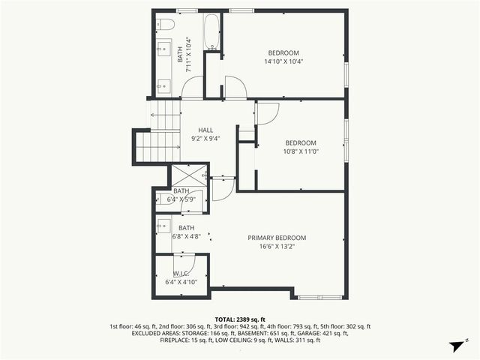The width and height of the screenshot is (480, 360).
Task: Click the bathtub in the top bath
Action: (212, 31)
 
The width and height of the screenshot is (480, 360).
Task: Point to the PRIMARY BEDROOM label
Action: (277, 238)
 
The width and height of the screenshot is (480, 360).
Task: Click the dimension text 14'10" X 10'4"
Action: (283, 62)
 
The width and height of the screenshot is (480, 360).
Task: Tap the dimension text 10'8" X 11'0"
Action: (300, 152)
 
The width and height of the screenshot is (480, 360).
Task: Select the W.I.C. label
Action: (180, 274)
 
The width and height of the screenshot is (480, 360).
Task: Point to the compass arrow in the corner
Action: (455, 346)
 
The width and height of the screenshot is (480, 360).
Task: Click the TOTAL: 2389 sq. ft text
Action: (240, 319)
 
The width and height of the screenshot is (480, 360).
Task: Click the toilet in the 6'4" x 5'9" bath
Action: (163, 199)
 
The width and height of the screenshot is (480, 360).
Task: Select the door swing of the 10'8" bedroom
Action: (268, 112)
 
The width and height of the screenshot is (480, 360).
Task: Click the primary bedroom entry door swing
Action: (223, 189)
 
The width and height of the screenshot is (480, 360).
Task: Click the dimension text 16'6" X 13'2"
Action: (277, 247)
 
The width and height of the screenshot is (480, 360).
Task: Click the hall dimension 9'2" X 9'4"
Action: (205, 138)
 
